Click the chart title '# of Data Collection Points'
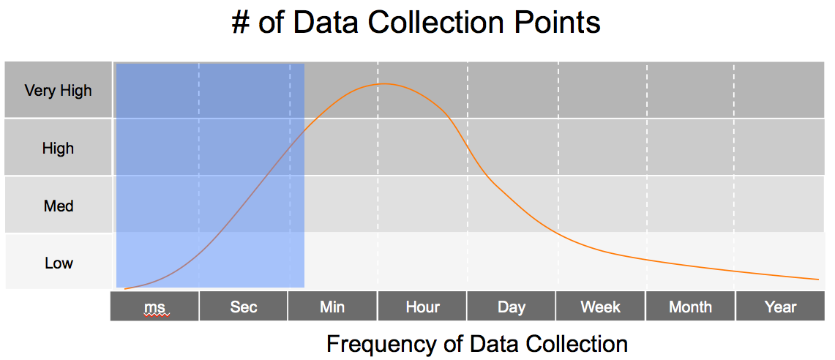[416, 23]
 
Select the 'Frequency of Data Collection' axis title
[477, 344]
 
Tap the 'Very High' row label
[58, 91]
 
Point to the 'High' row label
[58, 148]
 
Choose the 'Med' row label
[58, 206]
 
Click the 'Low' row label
[58, 263]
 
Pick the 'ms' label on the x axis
[154, 307]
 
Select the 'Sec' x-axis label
[244, 307]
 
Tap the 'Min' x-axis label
[332, 307]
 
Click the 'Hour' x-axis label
[423, 307]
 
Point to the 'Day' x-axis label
[512, 307]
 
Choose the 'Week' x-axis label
[601, 307]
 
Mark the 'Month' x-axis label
[690, 307]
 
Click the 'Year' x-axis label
[780, 307]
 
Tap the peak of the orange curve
[382, 84]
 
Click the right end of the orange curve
[818, 279]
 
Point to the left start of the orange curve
[125, 289]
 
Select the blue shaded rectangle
[210, 176]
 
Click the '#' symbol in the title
[241, 24]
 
